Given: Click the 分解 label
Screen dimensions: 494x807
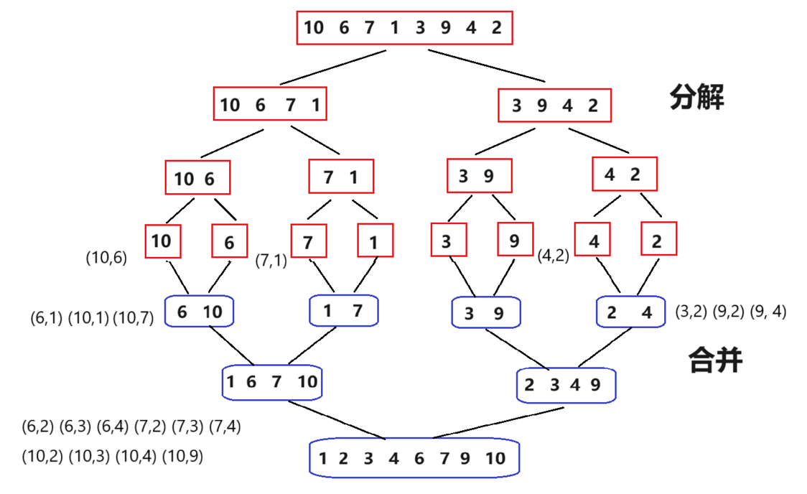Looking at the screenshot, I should (696, 97).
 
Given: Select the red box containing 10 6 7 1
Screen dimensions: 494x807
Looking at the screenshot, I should (270, 105).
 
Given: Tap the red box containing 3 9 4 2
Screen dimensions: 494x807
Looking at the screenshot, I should (554, 106).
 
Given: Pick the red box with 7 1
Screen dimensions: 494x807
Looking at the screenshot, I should (341, 177).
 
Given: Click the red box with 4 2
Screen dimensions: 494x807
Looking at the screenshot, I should (625, 174).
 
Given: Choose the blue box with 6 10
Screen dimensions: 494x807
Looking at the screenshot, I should (199, 312).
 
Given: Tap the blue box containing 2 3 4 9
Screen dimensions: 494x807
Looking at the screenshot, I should (566, 385).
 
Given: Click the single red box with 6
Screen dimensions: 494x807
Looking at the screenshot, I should (229, 242).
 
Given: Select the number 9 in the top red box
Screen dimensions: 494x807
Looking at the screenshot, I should (446, 28).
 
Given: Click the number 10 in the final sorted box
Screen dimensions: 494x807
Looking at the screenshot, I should (495, 458).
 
